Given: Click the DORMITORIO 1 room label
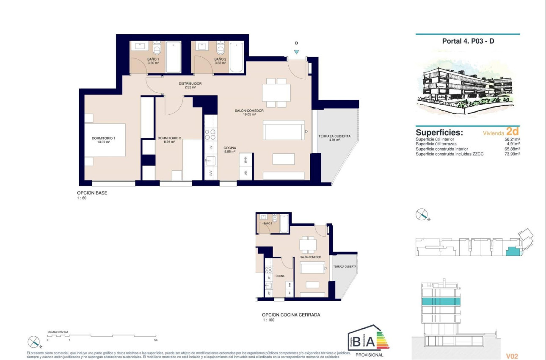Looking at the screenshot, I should click(x=103, y=138).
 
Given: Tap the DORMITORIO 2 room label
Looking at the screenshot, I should click(x=169, y=138).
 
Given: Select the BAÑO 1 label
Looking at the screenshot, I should click(x=153, y=59).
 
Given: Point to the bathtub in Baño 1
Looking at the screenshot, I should click(x=174, y=57).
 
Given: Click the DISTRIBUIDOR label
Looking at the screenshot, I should click(x=190, y=84).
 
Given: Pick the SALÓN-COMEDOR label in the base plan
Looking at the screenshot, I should click(x=249, y=111).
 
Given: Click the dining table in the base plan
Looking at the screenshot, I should click(x=276, y=93).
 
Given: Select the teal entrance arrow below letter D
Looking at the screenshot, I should click(x=296, y=52).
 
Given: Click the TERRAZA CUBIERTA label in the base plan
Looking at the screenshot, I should click(x=334, y=136).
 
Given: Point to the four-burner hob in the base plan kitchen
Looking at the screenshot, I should click(x=210, y=134).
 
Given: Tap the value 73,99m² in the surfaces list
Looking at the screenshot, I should click(x=511, y=154).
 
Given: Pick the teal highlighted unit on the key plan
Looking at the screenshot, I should click(x=512, y=252).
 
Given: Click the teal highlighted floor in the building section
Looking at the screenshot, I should click(x=440, y=302).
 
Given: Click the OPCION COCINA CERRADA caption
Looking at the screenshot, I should click(x=291, y=315).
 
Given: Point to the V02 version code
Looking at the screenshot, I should click(x=512, y=357).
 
